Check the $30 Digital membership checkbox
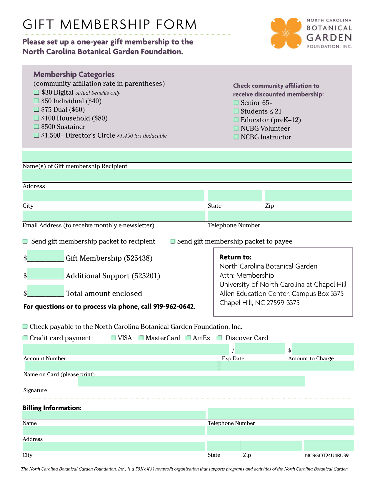(36, 92)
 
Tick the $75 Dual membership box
(36, 109)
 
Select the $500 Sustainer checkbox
(36, 127)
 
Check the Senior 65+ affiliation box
(236, 103)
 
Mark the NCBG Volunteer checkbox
(236, 128)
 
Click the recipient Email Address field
(114, 216)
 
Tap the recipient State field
(235, 196)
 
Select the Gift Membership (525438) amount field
(46, 256)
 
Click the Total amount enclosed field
(46, 291)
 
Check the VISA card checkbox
(113, 338)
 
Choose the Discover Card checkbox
(219, 338)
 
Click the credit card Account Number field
(126, 349)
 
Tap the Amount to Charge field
(323, 349)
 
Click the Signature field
(191, 381)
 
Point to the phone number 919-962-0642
(174, 307)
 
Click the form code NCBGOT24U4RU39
(327, 456)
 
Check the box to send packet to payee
(173, 241)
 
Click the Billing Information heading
(52, 408)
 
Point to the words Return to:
(235, 257)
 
